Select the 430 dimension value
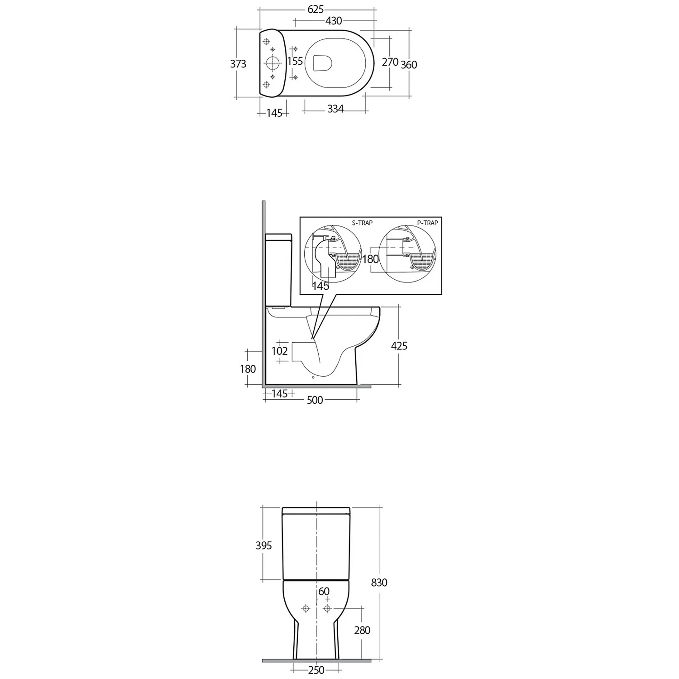[334, 21]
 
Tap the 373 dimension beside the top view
[238, 64]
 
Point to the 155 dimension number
[295, 61]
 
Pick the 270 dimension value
[390, 62]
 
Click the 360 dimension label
[409, 65]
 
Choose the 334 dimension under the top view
[335, 109]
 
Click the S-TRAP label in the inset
[362, 223]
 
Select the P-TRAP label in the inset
[427, 223]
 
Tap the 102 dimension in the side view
[280, 351]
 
